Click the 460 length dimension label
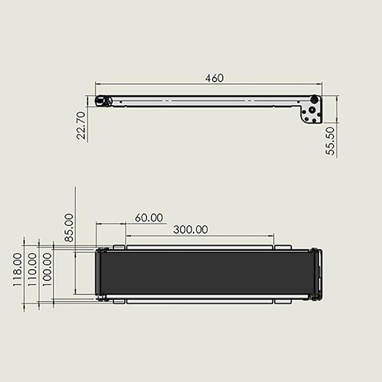[x=214, y=78]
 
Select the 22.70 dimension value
[x=81, y=126]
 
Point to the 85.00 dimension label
[x=69, y=228]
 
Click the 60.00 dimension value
[x=149, y=218]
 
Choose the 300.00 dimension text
[x=190, y=230]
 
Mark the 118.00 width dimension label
[x=17, y=270]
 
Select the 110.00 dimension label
[x=32, y=270]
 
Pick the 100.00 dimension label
[x=47, y=270]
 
